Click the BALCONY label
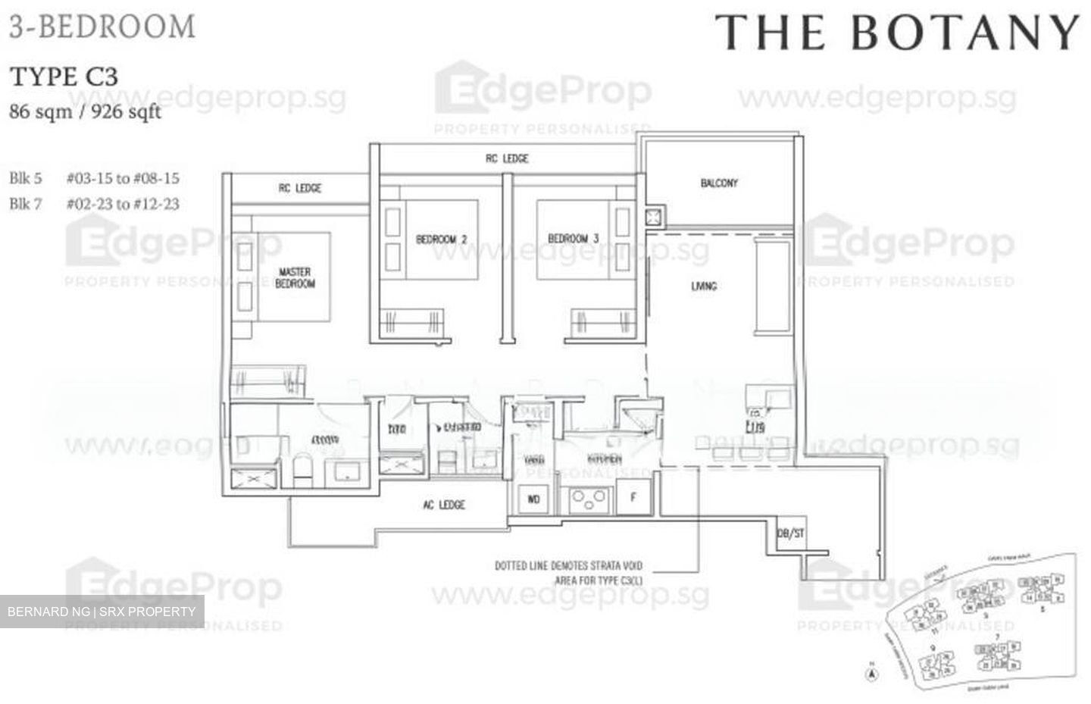(x=718, y=183)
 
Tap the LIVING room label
(x=704, y=286)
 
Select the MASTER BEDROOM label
(x=295, y=277)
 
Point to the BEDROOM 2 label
(x=441, y=239)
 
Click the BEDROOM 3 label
(x=573, y=239)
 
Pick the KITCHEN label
(x=605, y=459)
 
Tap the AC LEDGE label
(x=444, y=505)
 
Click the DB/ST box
(x=790, y=533)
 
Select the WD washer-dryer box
(x=533, y=499)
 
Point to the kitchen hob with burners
(x=590, y=499)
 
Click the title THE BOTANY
(x=897, y=33)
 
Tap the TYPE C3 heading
(x=64, y=77)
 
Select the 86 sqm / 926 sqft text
(x=85, y=112)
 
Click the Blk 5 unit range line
(x=94, y=179)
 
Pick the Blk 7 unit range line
(x=94, y=204)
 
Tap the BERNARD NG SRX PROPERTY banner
(x=102, y=611)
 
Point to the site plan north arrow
(x=872, y=670)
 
